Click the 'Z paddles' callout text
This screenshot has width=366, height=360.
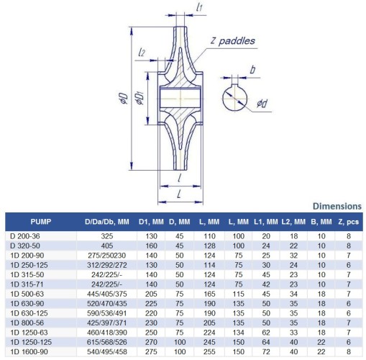(x=234, y=41)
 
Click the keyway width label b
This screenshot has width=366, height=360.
(x=252, y=71)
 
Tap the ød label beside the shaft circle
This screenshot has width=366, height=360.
(x=262, y=105)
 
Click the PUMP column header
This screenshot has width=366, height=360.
(x=40, y=220)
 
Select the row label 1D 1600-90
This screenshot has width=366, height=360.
(x=30, y=352)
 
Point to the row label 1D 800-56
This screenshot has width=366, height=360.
(x=28, y=323)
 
